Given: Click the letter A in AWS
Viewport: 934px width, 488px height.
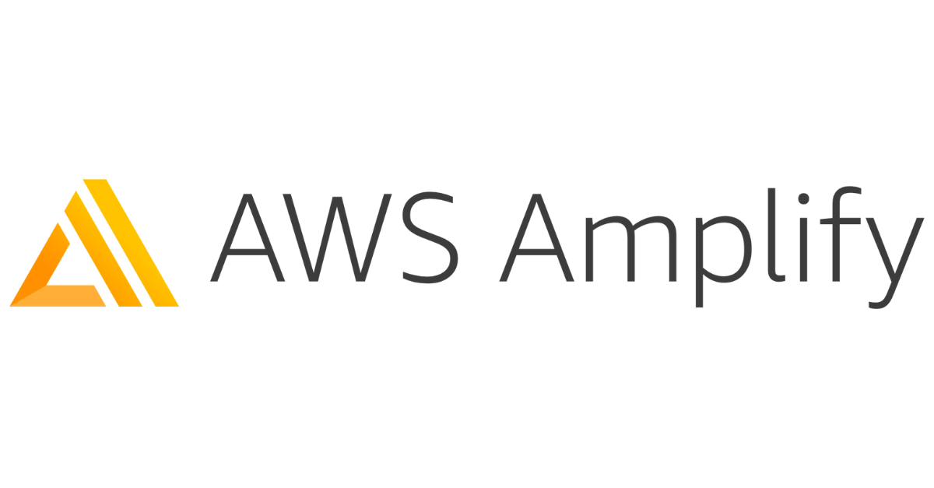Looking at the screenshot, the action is (x=248, y=237).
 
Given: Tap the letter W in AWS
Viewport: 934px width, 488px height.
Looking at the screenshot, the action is (x=337, y=237).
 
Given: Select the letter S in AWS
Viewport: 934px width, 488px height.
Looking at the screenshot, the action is (x=430, y=237).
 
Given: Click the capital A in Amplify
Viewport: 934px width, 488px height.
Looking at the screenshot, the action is (x=536, y=237).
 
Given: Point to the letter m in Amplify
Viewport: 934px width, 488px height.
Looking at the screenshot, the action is (x=631, y=248).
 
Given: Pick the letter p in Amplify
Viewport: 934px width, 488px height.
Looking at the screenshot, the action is (x=723, y=262).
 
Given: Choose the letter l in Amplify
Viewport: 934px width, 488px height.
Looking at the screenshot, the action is (x=776, y=234).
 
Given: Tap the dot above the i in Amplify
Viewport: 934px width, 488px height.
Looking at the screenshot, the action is (x=803, y=198).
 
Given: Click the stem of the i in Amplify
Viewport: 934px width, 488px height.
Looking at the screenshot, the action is (x=804, y=249).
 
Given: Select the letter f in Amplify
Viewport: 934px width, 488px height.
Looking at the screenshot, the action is (x=840, y=234).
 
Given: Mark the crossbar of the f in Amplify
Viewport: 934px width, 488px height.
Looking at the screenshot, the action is (x=840, y=221).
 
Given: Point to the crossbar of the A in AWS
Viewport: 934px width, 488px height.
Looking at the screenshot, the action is (x=248, y=251).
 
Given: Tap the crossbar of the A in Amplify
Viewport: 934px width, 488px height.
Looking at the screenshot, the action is (x=536, y=251).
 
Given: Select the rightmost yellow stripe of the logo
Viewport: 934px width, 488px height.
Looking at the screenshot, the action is (x=131, y=243).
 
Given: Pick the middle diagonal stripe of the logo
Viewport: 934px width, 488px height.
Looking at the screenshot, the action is (x=104, y=249).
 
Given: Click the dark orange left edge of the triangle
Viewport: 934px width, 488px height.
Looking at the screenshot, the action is (x=40, y=265).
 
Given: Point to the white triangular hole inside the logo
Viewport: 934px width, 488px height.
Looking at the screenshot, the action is (x=70, y=269).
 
